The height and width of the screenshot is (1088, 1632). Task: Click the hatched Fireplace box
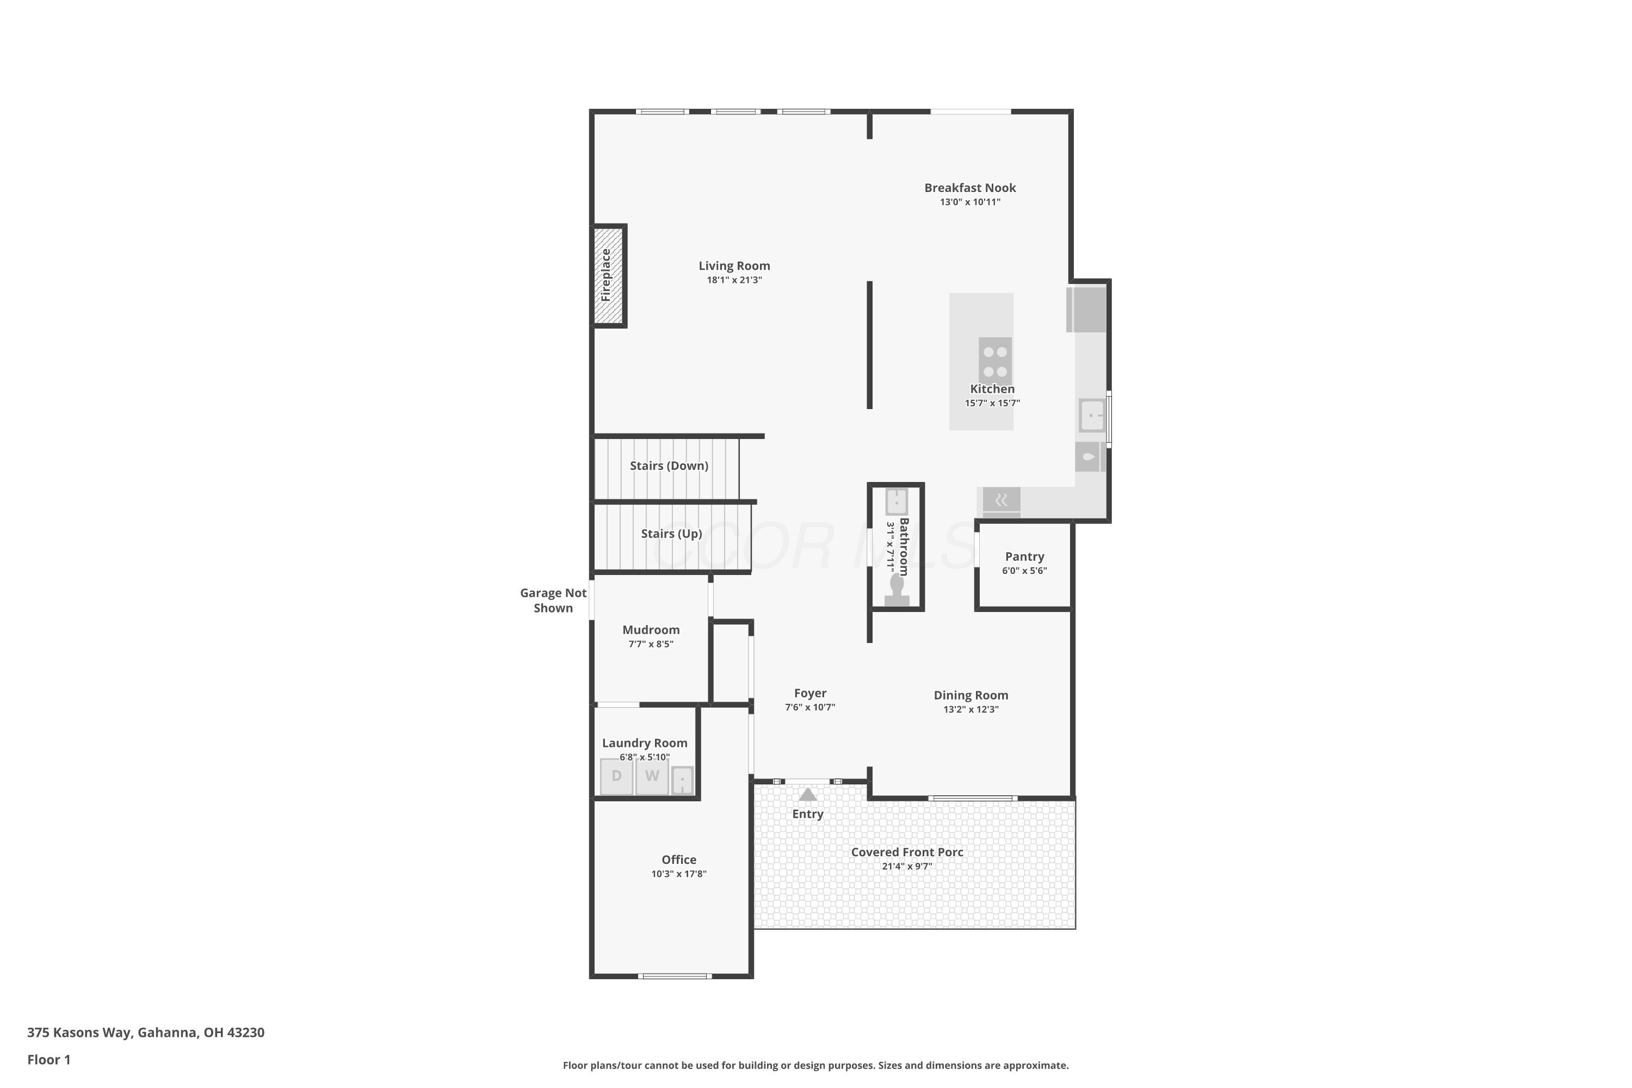click(609, 275)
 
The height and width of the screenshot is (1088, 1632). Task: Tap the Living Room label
click(734, 266)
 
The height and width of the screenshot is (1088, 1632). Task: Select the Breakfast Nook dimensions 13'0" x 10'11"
click(970, 202)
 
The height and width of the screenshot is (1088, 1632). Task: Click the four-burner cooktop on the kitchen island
click(995, 361)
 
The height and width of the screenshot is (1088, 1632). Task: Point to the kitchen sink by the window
click(1091, 416)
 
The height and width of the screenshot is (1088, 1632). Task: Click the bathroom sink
click(897, 502)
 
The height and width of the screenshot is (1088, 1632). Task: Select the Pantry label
click(1024, 557)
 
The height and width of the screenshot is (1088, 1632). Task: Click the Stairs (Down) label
click(669, 466)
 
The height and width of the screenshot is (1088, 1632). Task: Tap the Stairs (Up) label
click(671, 534)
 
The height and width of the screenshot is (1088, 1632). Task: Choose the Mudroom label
click(651, 630)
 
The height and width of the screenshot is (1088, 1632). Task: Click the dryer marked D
click(616, 776)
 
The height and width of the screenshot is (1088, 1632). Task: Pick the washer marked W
click(652, 776)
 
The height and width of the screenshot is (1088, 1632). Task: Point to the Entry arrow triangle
click(808, 794)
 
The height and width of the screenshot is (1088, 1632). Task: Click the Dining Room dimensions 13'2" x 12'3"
click(970, 710)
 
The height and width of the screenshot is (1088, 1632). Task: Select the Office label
click(678, 860)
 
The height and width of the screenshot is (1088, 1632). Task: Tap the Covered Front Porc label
click(907, 852)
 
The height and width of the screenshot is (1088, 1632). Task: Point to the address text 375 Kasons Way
click(79, 1033)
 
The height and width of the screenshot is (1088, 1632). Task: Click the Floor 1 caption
click(48, 1060)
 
